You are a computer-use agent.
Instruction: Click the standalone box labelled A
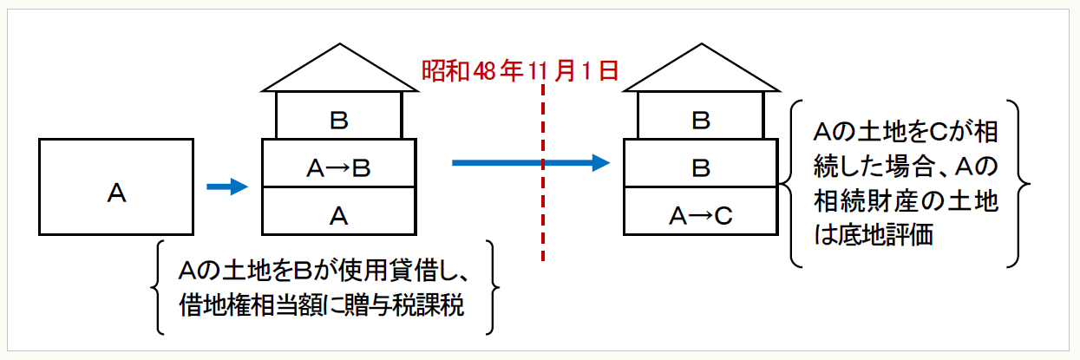116,187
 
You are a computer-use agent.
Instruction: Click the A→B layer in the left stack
338,165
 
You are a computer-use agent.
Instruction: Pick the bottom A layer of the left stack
338,212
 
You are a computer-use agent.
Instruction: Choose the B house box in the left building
338,116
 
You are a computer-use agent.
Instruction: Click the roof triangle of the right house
701,70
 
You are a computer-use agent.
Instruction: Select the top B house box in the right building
701,116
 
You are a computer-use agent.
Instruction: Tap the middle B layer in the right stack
701,165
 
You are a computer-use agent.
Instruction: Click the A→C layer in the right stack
701,212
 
